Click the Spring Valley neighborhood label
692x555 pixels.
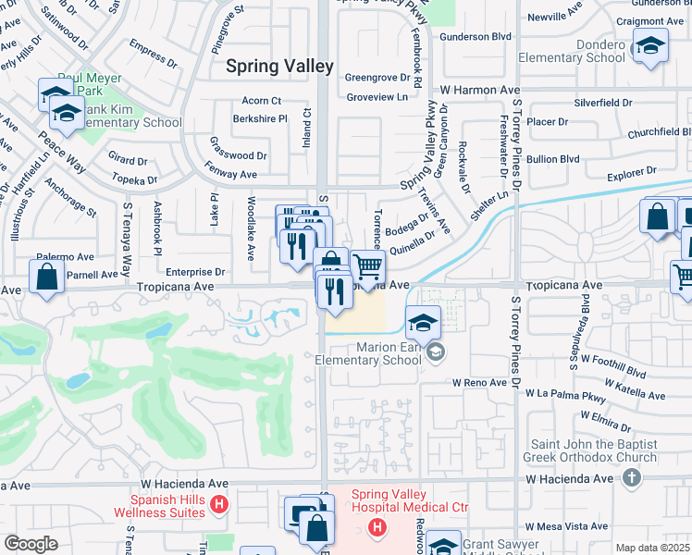tap(279, 67)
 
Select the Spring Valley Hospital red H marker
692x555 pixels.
tap(377, 527)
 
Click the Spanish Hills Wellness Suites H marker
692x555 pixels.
tap(219, 504)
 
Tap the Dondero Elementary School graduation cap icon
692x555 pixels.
tap(650, 45)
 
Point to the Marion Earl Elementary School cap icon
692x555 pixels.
tap(423, 323)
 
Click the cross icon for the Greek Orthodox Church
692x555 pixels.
tap(632, 477)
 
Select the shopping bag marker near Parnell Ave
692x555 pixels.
tap(46, 277)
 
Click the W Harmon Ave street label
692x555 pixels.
tap(481, 90)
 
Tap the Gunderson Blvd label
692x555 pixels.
tap(476, 36)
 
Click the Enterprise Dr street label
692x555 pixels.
tap(196, 272)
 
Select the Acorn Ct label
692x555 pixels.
tap(262, 100)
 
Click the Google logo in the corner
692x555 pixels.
tap(31, 544)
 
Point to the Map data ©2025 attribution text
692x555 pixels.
tap(652, 548)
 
